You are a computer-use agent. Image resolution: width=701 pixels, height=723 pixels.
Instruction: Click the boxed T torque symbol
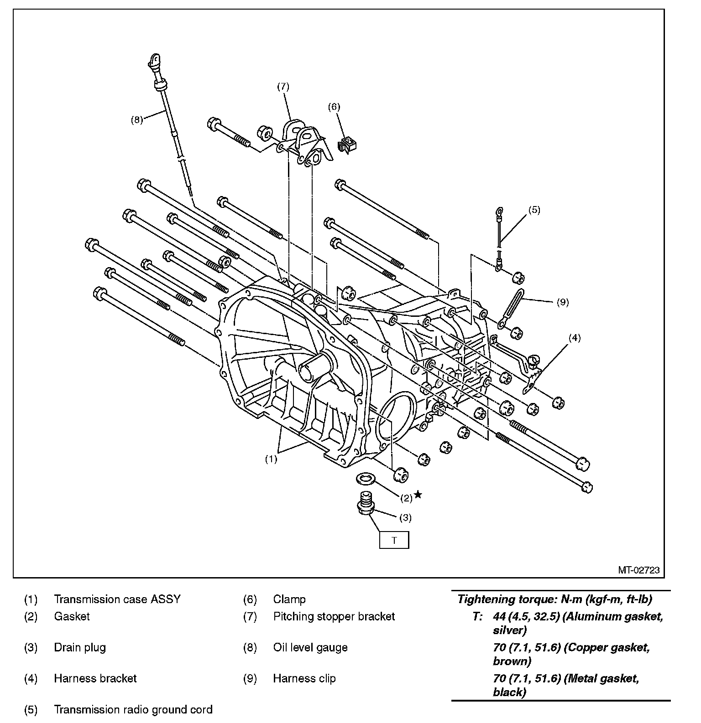394,540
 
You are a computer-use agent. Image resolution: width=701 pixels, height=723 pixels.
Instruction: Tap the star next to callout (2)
418,495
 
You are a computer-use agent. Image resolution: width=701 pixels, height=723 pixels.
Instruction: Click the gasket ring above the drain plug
365,479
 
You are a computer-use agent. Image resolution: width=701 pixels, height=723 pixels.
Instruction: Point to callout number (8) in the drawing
136,120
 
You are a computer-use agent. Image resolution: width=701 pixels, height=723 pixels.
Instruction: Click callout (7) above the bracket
283,86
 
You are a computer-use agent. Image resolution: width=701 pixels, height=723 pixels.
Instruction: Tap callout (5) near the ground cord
534,210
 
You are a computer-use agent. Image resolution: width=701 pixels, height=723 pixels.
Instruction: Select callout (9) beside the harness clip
563,302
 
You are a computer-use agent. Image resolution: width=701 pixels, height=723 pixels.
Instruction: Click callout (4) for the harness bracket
574,338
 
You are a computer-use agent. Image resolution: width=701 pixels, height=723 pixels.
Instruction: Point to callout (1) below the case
271,459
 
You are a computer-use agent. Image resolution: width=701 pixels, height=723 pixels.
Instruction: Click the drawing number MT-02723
638,570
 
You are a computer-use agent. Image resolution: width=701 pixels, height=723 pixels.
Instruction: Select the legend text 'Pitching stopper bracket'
334,616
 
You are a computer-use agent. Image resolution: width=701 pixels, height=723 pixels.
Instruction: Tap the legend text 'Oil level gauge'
310,647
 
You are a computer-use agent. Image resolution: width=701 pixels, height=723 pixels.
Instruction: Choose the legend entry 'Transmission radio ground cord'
133,709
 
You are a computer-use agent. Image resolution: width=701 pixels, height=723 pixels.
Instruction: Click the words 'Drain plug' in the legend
80,647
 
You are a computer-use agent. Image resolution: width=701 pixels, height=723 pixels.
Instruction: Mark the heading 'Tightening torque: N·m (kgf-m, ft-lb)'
555,599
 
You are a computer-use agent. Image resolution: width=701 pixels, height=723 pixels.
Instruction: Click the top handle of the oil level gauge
154,59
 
